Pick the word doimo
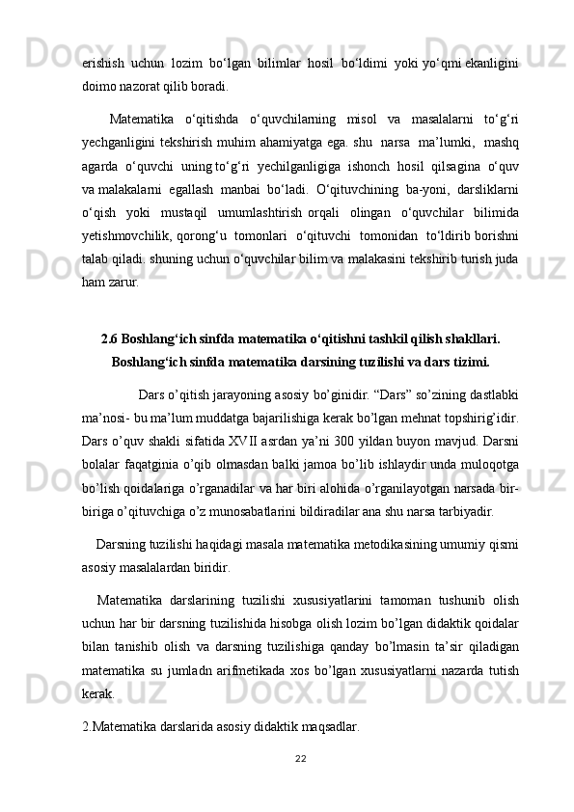click(x=100, y=86)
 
